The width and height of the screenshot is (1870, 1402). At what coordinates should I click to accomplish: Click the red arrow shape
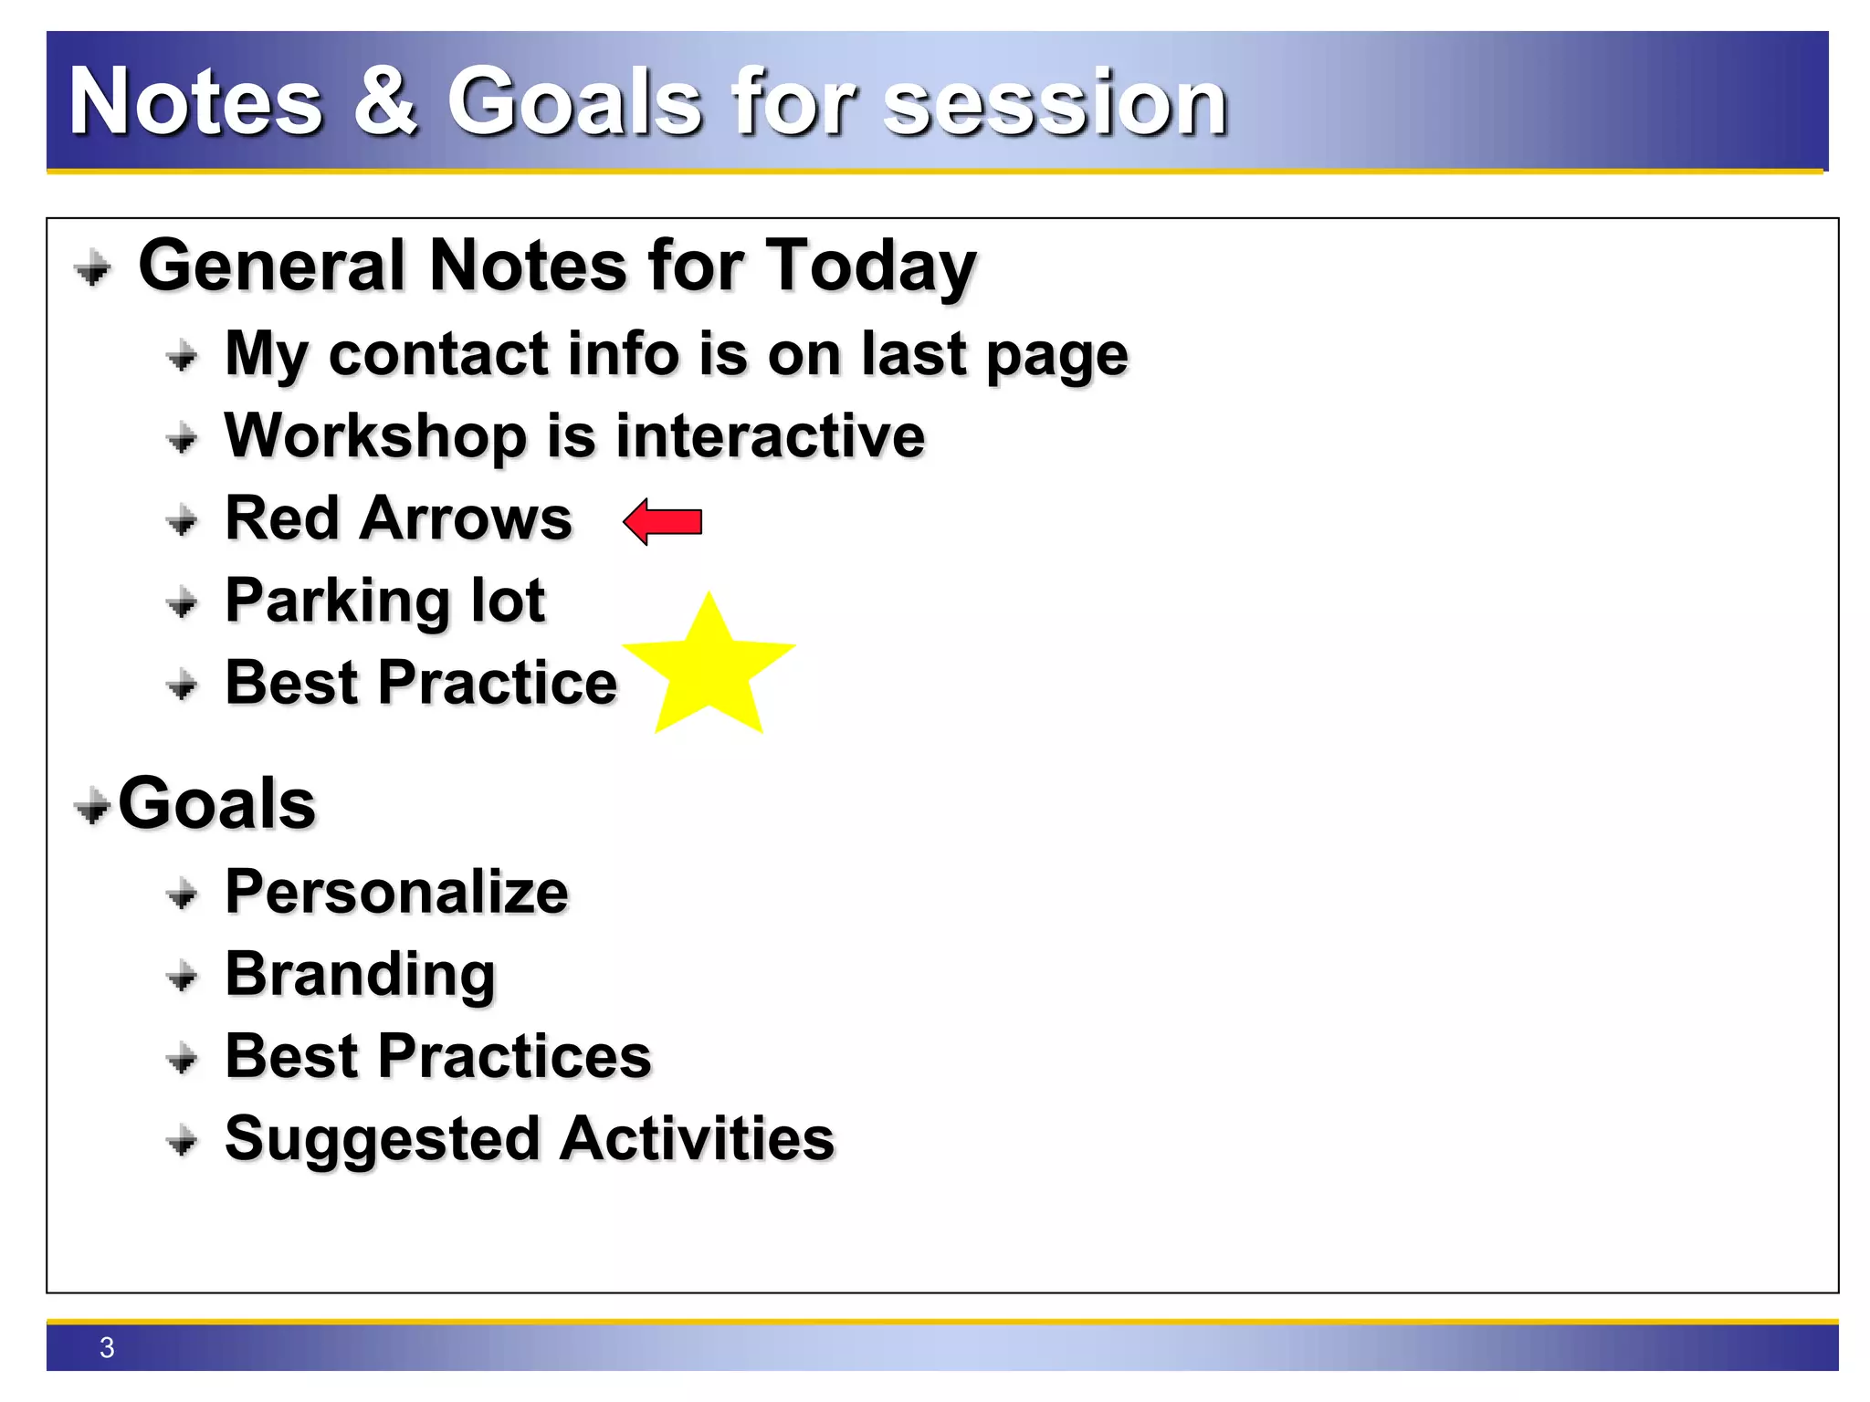tap(664, 522)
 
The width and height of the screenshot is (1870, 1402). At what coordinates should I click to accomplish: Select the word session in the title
tap(1055, 103)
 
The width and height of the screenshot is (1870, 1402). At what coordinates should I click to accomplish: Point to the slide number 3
tap(107, 1347)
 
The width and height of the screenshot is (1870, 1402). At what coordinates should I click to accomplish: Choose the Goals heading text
tap(217, 803)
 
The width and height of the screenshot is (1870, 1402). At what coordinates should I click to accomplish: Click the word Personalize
tap(396, 892)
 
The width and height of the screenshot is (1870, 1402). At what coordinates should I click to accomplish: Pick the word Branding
tap(360, 975)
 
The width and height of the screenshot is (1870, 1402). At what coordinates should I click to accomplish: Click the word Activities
tap(697, 1138)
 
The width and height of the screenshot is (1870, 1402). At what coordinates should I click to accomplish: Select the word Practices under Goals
tap(514, 1056)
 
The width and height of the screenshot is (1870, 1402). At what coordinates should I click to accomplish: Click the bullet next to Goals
tap(92, 807)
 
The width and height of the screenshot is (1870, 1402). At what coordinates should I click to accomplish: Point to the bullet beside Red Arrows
tap(183, 521)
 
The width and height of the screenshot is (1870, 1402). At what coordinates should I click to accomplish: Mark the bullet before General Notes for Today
tap(92, 269)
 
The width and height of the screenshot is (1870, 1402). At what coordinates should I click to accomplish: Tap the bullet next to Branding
tap(183, 978)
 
